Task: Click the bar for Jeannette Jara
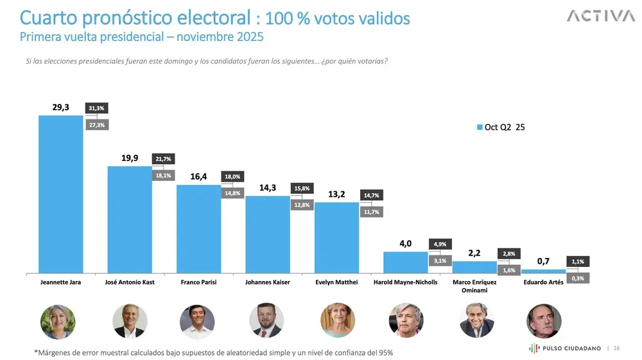point(61,194)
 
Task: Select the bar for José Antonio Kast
point(130,219)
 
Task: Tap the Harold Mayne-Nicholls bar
point(405,262)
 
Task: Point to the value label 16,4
point(198,176)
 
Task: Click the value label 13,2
point(336,194)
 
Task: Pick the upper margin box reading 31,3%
point(96,108)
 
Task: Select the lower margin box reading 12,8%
point(302,205)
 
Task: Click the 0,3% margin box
point(578,279)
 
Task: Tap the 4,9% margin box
point(440,244)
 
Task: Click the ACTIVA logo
point(600,17)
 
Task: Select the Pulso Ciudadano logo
point(564,348)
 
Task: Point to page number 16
point(616,348)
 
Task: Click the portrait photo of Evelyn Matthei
point(337,321)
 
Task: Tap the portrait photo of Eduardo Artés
point(544,321)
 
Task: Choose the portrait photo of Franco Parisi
point(197,321)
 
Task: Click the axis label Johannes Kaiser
point(268,282)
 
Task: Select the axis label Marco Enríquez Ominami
point(474,286)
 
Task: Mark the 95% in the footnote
point(384,352)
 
